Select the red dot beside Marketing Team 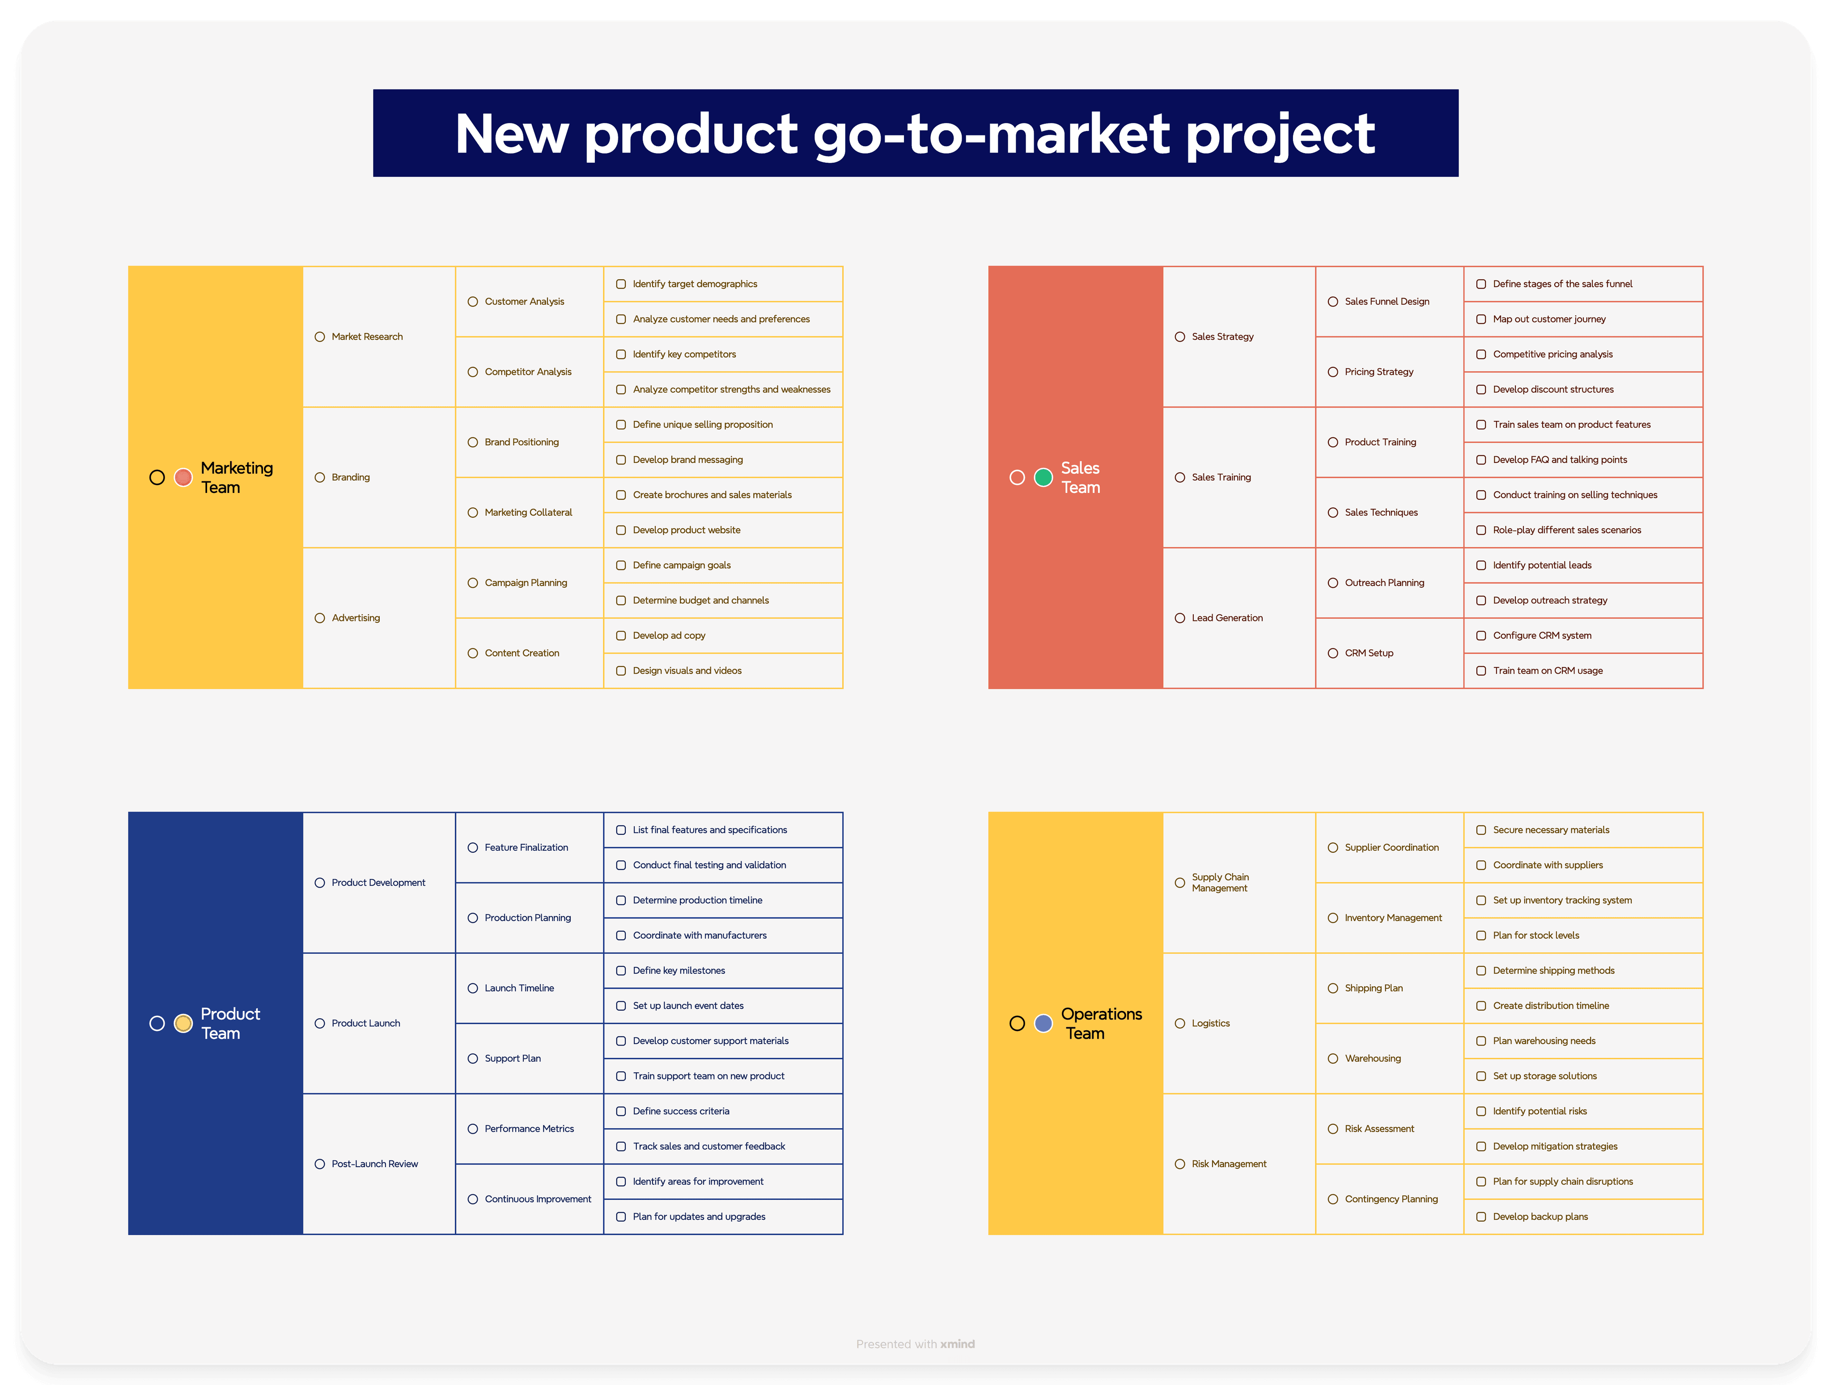(x=184, y=477)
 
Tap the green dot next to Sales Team (x=1043, y=477)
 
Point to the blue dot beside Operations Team (x=1043, y=1024)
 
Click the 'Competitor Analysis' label (x=528, y=372)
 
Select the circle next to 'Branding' (x=320, y=477)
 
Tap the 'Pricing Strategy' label (x=1379, y=372)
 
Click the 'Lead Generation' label (x=1226, y=618)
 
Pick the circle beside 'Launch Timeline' (x=473, y=988)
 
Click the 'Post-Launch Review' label (x=374, y=1164)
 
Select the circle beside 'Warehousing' (x=1332, y=1058)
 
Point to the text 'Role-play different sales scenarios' (x=1567, y=530)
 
